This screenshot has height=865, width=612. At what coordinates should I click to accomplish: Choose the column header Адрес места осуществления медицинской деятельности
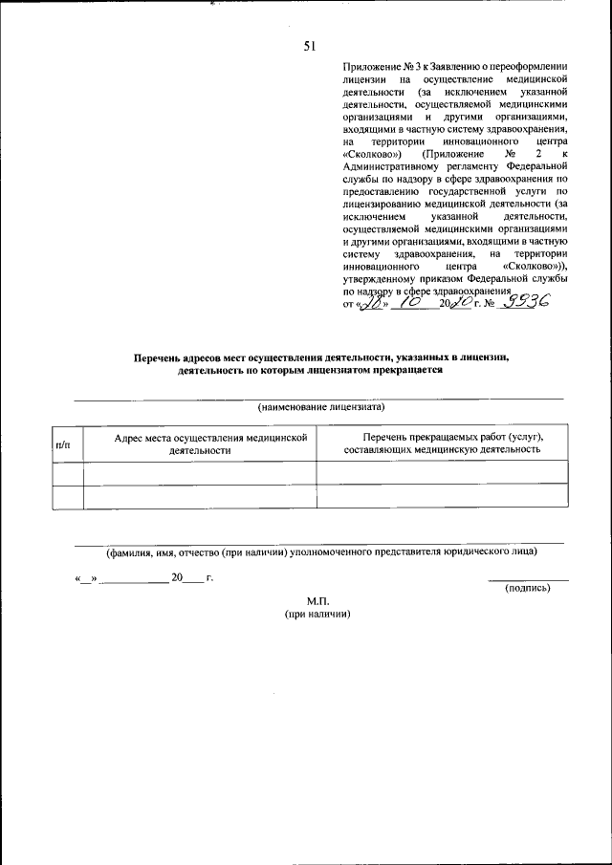200,443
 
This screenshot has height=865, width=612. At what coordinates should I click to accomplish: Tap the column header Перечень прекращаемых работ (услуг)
441,443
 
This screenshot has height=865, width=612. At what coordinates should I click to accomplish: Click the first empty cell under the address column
200,472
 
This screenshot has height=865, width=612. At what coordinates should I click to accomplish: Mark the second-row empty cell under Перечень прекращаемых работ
441,497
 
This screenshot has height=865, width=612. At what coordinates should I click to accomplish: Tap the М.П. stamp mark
317,600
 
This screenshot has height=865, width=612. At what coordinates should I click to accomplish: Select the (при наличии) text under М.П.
317,614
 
